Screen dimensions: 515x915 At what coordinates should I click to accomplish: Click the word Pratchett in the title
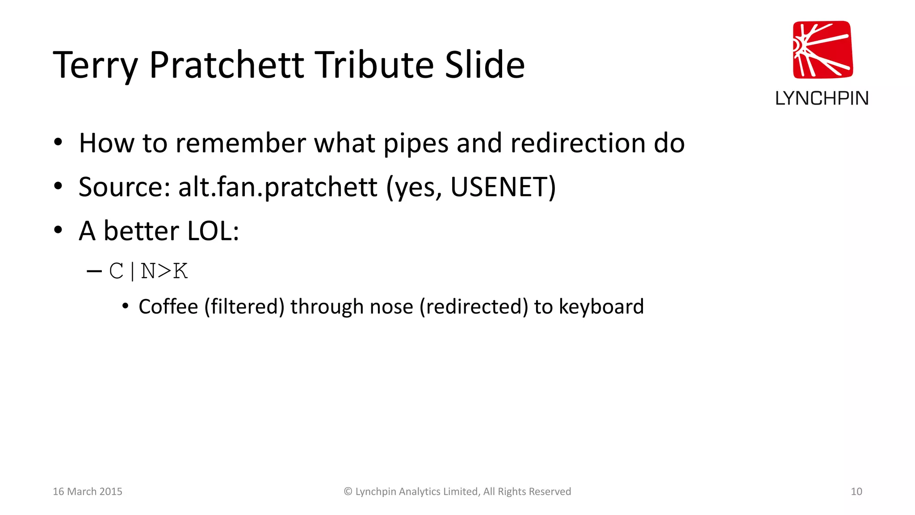point(227,65)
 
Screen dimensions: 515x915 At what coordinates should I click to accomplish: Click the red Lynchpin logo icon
point(823,50)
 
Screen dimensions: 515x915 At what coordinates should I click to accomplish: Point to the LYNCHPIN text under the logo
point(822,98)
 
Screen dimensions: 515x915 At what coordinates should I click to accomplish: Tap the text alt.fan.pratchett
point(277,187)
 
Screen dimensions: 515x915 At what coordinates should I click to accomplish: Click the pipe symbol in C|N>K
point(133,271)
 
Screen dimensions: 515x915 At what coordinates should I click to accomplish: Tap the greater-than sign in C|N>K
point(164,271)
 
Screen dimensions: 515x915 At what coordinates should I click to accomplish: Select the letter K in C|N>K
point(180,271)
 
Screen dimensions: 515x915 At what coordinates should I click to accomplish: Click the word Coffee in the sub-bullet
point(168,307)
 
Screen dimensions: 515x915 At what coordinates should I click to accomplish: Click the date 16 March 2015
point(88,491)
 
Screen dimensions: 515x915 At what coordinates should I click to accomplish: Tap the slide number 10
point(856,491)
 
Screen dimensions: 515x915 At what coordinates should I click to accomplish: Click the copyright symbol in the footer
point(348,491)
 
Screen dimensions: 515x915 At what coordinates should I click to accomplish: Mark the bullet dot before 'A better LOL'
point(58,230)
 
